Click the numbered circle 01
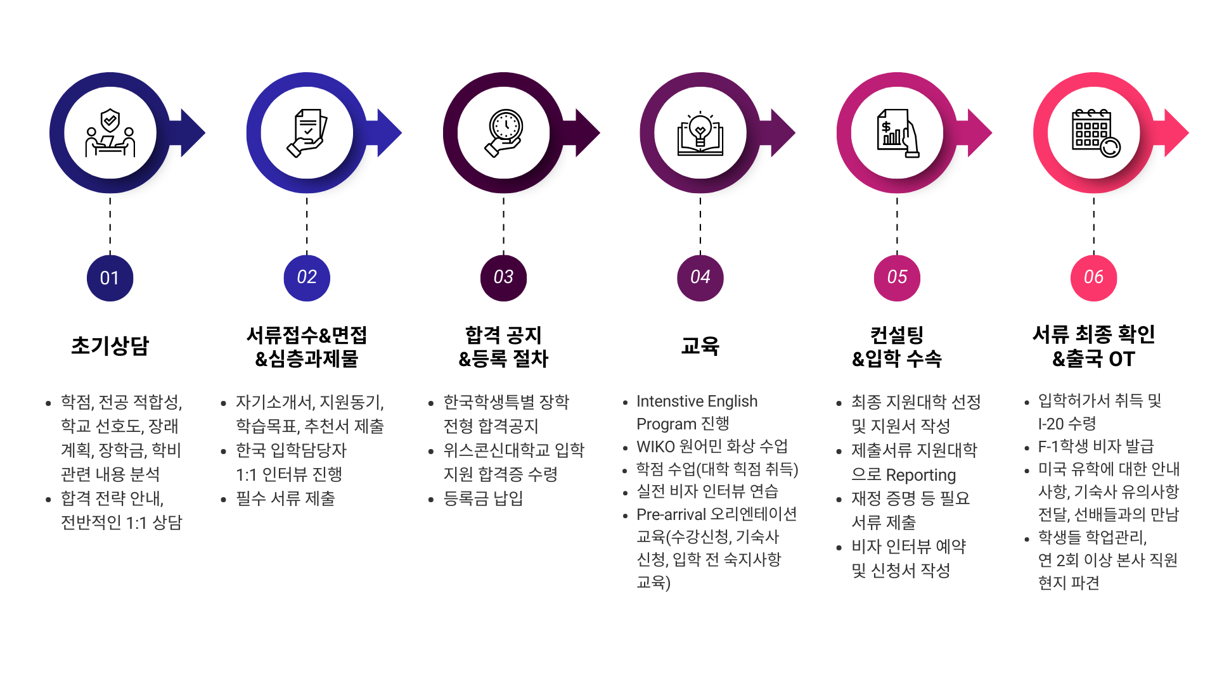coord(110,278)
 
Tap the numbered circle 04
coord(700,278)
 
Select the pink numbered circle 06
coord(1093,278)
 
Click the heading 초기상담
coord(110,346)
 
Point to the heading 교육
coord(700,346)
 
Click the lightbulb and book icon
coord(700,134)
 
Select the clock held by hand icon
coord(504,133)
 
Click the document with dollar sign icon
coord(897,134)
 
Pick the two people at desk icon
coord(110,133)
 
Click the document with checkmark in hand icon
coord(307,133)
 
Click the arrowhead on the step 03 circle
coord(588,133)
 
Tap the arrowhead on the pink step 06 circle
coord(1177,133)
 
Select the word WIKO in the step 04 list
coord(655,446)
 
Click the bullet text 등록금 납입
coord(483,498)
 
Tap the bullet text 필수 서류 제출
coord(285,498)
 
